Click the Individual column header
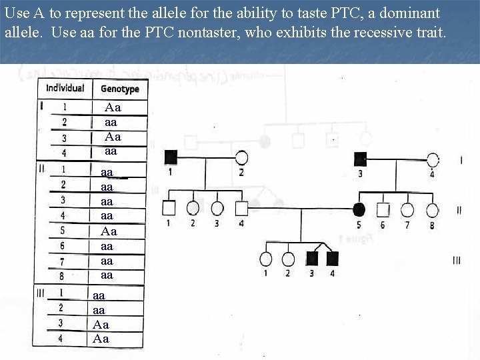[x=65, y=88]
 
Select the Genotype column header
[x=119, y=89]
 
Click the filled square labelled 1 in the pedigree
[x=171, y=157]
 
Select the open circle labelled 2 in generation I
[x=241, y=158]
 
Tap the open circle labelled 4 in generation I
[x=433, y=159]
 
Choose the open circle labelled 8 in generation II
[x=433, y=210]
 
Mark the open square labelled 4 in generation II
[x=241, y=209]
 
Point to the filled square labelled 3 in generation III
[x=311, y=258]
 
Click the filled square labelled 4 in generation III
[x=332, y=258]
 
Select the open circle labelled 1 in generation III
[x=266, y=259]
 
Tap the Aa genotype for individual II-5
[x=109, y=231]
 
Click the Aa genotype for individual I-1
[x=113, y=107]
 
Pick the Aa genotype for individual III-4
[x=101, y=339]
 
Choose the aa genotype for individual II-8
[x=107, y=275]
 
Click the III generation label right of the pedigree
[x=456, y=261]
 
